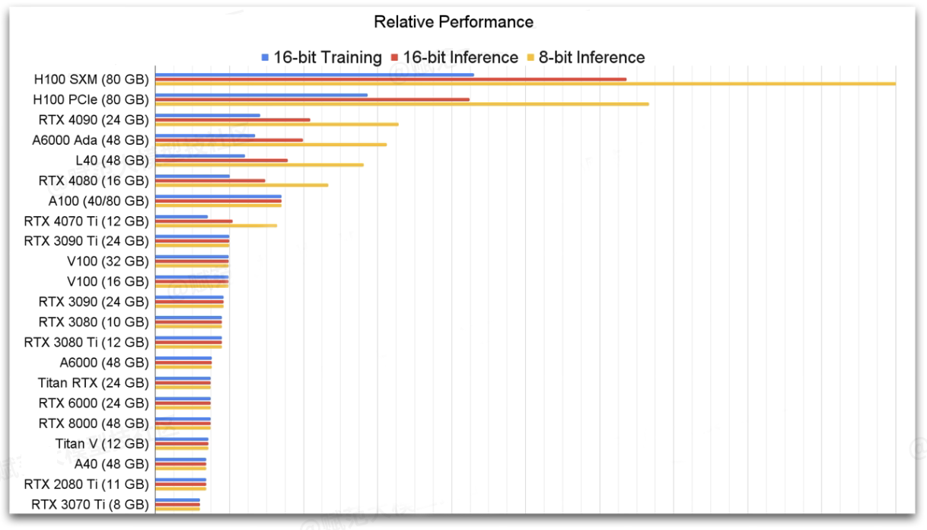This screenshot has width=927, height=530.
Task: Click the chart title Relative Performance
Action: [454, 23]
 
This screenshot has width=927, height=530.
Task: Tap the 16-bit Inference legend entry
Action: [453, 57]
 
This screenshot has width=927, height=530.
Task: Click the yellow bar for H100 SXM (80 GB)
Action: [525, 84]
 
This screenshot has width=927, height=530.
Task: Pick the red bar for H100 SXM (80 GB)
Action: [390, 79]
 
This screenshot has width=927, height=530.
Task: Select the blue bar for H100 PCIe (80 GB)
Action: [261, 95]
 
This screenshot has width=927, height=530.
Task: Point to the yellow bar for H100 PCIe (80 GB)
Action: [402, 104]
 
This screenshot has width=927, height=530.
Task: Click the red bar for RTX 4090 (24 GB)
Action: [233, 120]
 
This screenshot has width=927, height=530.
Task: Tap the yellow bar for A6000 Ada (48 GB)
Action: [271, 144]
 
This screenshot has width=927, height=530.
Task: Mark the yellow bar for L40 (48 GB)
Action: [260, 164]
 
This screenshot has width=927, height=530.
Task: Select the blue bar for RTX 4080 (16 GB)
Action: [193, 176]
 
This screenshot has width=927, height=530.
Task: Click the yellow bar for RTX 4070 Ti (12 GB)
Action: [216, 225]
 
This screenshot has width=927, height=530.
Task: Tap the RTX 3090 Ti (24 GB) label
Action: [86, 241]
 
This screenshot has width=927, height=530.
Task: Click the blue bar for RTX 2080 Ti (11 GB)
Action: [180, 480]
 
